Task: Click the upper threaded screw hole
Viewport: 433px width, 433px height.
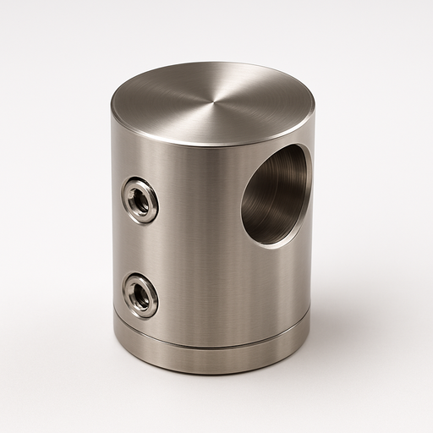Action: pos(140,200)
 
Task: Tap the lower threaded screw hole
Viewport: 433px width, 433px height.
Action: pos(140,295)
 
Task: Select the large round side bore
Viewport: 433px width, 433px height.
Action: pos(276,195)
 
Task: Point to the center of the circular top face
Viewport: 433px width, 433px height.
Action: pos(212,104)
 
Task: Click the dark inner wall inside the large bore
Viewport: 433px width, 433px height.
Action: pos(269,199)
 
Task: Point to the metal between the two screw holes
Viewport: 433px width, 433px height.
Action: pos(140,247)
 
